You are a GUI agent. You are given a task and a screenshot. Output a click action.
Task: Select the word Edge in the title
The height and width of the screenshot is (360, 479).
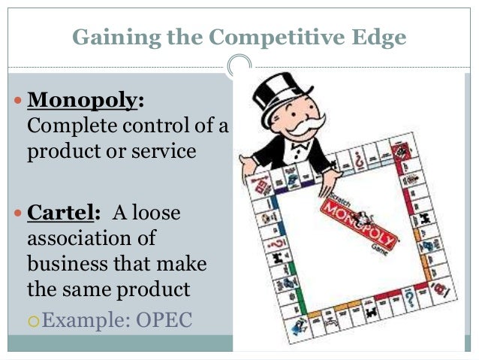coord(380,35)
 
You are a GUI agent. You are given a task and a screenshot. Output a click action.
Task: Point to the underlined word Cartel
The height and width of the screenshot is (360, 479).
coord(62,213)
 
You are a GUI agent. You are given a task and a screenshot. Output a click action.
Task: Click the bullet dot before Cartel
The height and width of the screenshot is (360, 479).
coord(18,213)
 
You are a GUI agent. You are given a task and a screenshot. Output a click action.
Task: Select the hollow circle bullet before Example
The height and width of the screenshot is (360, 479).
coord(32,322)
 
